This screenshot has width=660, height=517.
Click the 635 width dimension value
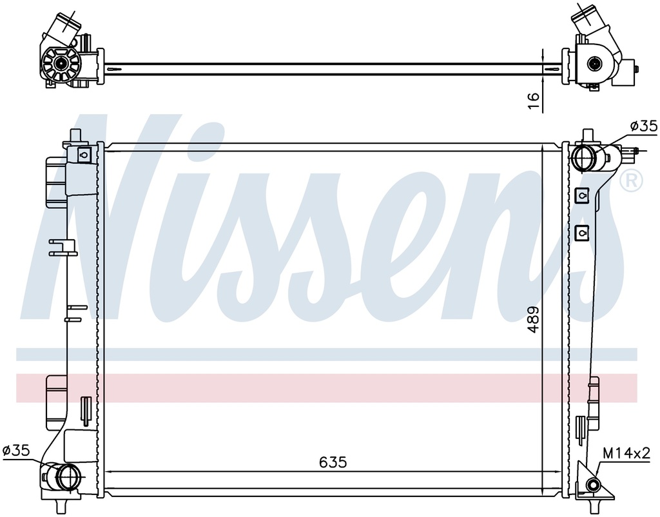333,463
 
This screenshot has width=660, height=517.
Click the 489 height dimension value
533,320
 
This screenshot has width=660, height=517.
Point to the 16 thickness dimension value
533,101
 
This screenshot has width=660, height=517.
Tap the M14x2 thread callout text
626,453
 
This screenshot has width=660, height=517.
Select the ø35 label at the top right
644,126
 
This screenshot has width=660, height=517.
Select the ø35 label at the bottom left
16,451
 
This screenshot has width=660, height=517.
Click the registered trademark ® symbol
632,180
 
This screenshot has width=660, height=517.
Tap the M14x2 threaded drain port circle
594,485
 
